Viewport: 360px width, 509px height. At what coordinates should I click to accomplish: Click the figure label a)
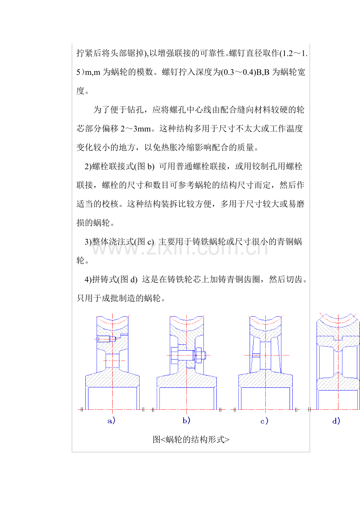[x=112, y=421]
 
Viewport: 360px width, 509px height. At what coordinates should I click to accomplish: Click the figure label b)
[x=186, y=421]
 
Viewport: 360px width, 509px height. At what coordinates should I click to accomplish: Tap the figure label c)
[x=265, y=421]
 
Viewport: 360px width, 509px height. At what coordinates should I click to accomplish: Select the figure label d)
[x=336, y=421]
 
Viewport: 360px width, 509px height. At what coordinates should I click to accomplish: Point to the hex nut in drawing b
[x=198, y=355]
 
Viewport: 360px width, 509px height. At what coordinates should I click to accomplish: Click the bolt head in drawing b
[x=175, y=355]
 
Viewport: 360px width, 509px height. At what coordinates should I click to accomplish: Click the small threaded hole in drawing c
[x=256, y=355]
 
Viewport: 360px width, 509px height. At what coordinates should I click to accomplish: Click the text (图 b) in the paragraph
[x=144, y=167]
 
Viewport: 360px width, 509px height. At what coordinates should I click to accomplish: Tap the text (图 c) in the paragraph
[x=144, y=242]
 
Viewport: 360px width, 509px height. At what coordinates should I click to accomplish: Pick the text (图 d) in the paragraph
[x=127, y=279]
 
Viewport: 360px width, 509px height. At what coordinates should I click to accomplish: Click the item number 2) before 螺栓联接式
[x=88, y=167]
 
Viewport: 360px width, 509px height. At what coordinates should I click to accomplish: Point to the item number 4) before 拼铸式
[x=88, y=279]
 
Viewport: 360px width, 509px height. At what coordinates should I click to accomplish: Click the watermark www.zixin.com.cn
[x=180, y=249]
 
